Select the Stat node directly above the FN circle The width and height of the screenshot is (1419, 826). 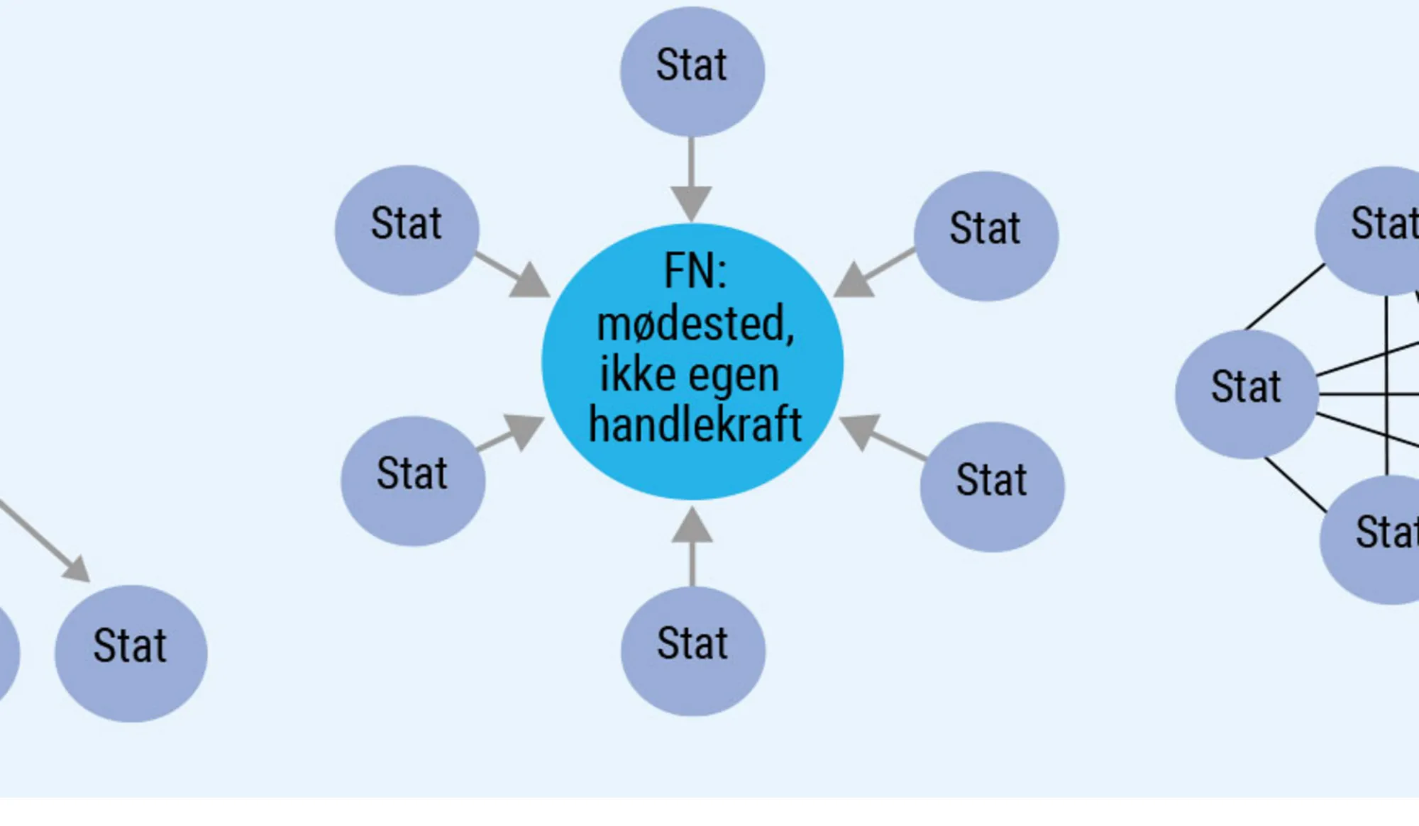692,71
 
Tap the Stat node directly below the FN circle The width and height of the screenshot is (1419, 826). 693,650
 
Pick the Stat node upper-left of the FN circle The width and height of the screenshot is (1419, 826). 407,230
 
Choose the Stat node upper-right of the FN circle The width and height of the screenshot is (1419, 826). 986,235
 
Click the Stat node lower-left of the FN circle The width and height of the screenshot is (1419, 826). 413,481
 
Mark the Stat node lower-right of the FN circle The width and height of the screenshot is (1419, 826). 992,486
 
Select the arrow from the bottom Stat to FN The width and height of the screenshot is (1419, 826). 692,546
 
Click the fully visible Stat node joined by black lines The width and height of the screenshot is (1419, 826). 1247,394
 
